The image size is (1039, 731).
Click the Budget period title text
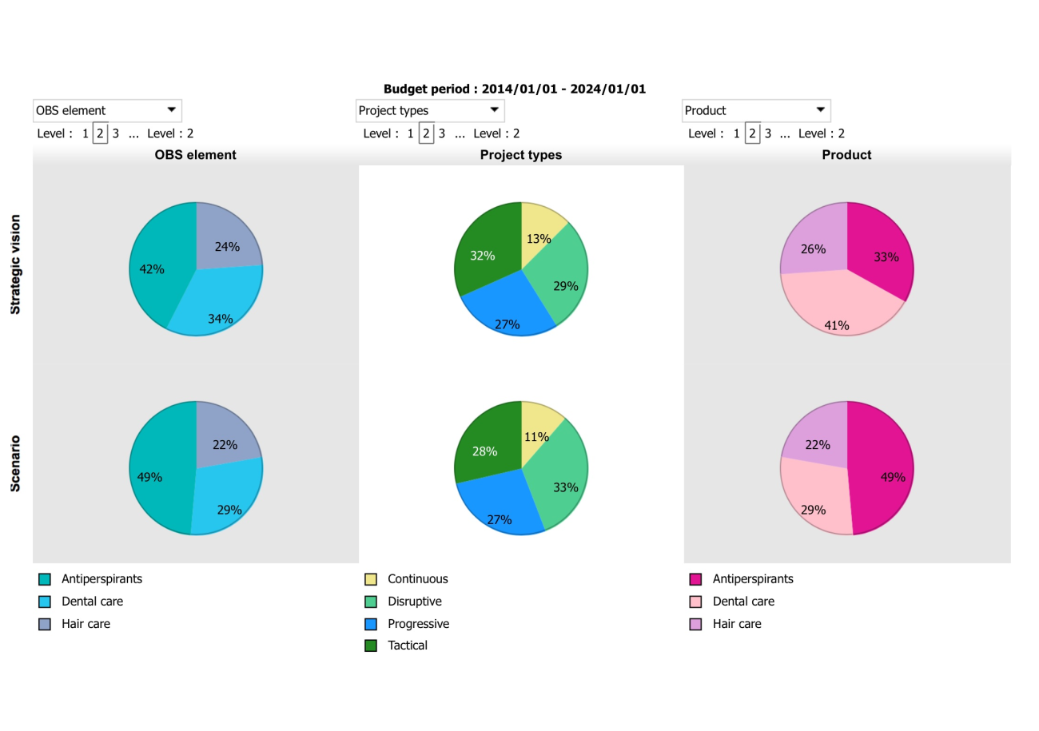514,89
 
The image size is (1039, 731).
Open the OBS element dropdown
107,110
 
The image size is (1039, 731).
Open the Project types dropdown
430,110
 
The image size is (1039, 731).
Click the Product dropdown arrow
820,109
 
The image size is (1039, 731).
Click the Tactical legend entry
407,646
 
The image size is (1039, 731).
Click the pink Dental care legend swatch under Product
695,602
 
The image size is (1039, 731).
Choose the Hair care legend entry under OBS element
86,624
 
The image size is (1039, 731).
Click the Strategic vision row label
16,264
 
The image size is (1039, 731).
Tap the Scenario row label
16,463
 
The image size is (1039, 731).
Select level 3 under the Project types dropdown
441,133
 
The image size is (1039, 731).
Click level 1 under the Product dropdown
736,133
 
